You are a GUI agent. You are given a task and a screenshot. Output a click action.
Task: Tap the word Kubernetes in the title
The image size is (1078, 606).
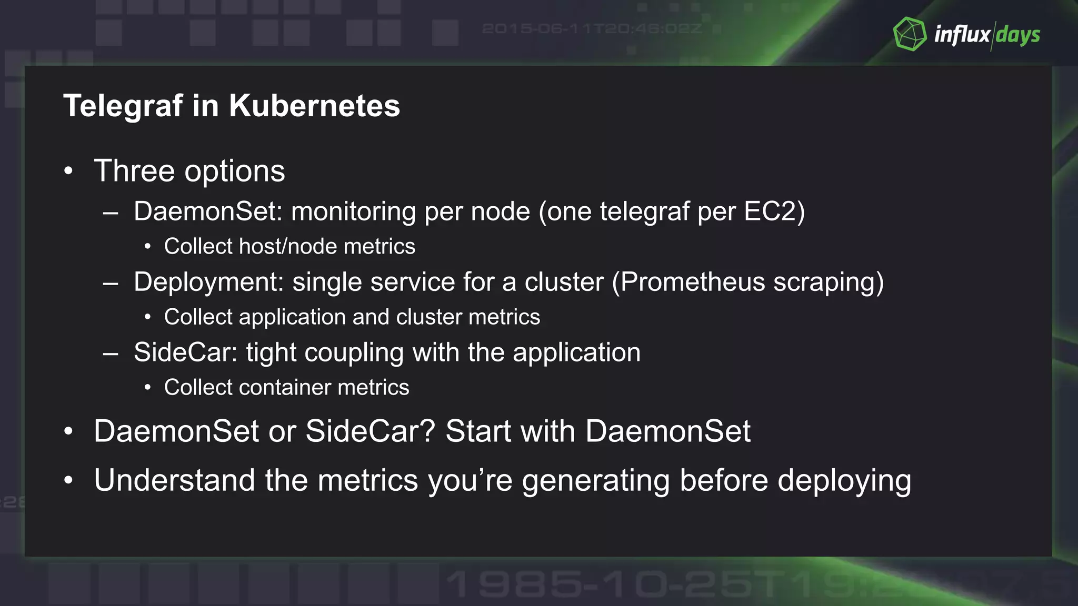[314, 106]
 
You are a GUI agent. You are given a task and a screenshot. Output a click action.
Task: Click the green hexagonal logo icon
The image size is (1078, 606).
[910, 34]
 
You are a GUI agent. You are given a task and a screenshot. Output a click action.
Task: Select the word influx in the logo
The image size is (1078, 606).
[962, 35]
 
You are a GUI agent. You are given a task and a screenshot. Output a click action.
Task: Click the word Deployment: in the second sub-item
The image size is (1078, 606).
[209, 282]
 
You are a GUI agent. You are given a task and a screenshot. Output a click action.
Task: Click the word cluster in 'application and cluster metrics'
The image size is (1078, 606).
[428, 317]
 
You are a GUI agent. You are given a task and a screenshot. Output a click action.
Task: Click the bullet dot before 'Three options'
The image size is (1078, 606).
[68, 171]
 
